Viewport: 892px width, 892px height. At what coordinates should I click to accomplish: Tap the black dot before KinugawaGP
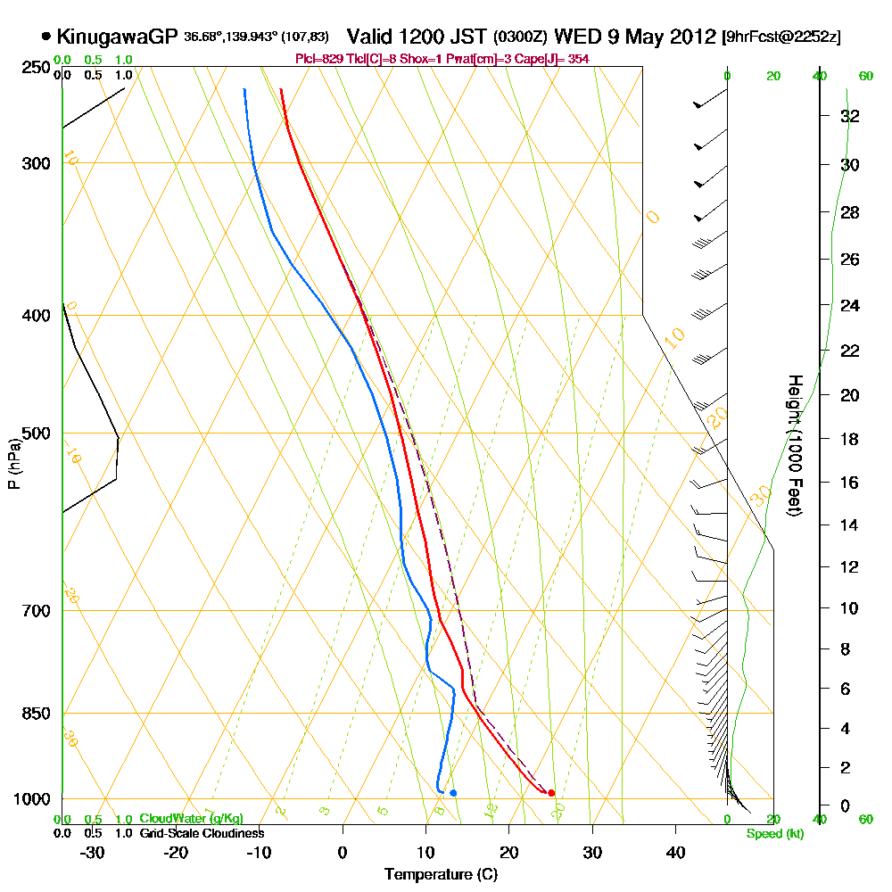click(45, 37)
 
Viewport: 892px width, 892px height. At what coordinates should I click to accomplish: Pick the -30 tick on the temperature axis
click(93, 852)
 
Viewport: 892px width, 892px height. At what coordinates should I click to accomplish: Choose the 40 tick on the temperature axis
click(675, 852)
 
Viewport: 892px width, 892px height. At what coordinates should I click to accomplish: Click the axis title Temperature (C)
click(441, 874)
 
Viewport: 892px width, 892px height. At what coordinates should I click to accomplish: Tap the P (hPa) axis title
click(13, 463)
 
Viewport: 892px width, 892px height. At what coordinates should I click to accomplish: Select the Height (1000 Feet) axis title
click(793, 445)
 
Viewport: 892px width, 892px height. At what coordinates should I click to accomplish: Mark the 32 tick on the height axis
click(850, 116)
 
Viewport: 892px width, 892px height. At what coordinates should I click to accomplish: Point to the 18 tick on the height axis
click(850, 439)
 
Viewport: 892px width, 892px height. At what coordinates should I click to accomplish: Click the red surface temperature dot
click(551, 793)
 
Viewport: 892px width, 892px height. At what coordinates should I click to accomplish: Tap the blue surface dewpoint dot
click(453, 793)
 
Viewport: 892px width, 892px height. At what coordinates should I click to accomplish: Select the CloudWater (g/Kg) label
click(191, 819)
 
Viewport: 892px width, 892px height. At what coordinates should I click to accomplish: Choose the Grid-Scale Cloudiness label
click(201, 833)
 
